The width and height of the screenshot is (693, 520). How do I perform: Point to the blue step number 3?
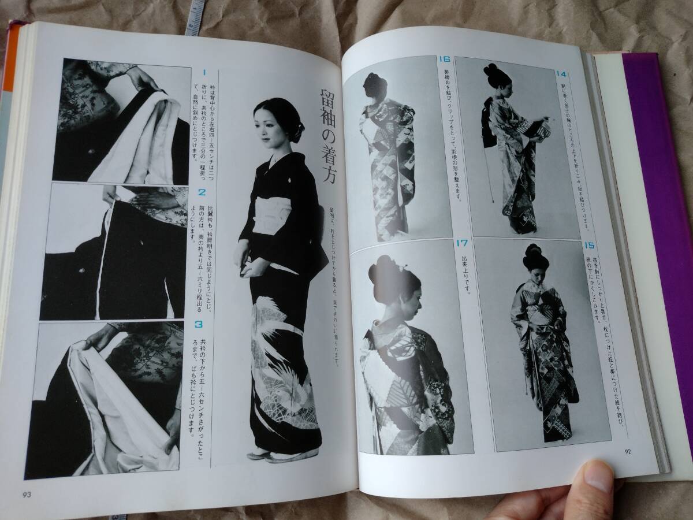199,325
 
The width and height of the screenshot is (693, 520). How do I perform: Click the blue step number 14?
561,73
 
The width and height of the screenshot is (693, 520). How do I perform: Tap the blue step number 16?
444,60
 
